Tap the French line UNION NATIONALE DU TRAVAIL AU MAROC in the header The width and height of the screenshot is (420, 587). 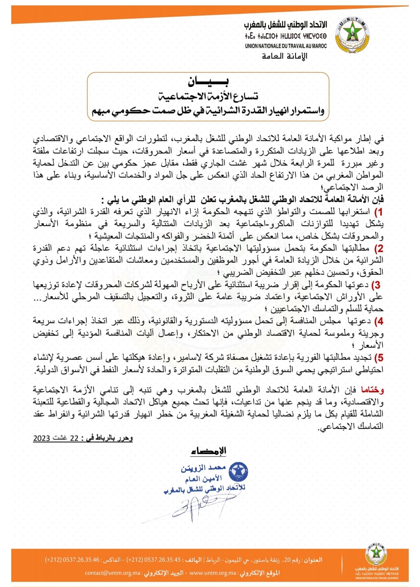(x=286, y=46)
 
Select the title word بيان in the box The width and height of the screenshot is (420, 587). (x=208, y=81)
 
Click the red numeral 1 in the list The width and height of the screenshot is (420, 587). (x=378, y=212)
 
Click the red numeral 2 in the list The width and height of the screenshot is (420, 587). (x=378, y=248)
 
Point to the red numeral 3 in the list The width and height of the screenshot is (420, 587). (x=376, y=285)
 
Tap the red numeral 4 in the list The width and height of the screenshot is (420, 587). (x=378, y=321)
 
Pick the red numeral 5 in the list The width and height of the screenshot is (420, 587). (x=378, y=357)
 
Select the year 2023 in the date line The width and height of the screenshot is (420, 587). (x=42, y=438)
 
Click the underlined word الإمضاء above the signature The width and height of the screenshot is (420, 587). (x=208, y=451)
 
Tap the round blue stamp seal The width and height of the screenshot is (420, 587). (x=238, y=471)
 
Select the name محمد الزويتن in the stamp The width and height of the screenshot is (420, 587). (x=203, y=468)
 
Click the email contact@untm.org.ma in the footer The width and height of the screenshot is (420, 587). (x=113, y=573)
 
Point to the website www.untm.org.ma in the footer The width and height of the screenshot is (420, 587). (x=213, y=573)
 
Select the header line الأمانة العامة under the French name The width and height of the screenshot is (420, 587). (x=285, y=56)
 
